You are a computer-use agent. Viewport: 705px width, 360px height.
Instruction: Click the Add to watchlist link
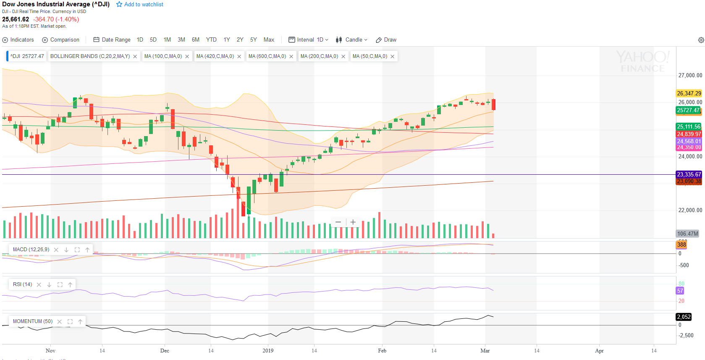(140, 4)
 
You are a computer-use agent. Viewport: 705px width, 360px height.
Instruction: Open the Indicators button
(18, 40)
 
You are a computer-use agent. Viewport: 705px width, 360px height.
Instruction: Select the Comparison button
(61, 40)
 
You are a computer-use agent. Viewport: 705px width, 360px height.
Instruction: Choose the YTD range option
(211, 40)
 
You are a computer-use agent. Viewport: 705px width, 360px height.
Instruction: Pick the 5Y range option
(253, 40)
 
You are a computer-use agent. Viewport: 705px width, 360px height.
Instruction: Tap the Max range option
(269, 40)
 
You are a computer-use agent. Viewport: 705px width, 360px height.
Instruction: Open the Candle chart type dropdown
(352, 40)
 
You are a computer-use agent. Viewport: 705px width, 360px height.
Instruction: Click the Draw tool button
(386, 40)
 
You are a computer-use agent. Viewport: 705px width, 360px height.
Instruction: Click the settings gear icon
(701, 40)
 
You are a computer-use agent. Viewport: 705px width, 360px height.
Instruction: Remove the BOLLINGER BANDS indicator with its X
(135, 57)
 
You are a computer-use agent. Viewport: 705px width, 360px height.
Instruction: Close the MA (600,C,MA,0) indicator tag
(291, 57)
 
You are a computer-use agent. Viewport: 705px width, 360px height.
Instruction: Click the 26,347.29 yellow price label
(689, 93)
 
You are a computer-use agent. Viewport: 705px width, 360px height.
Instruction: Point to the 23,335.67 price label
(689, 174)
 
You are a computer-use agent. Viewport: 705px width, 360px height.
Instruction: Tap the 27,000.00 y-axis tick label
(690, 76)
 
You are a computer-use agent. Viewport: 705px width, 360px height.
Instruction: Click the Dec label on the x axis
(165, 351)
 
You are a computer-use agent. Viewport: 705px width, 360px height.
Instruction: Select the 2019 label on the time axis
(268, 351)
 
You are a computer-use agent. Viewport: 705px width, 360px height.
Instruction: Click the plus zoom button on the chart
(353, 222)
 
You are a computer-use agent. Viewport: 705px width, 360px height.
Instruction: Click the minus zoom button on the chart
(338, 222)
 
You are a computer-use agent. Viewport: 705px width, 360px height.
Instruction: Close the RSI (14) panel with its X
(39, 285)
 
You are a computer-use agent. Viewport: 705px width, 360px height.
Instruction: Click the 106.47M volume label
(688, 234)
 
